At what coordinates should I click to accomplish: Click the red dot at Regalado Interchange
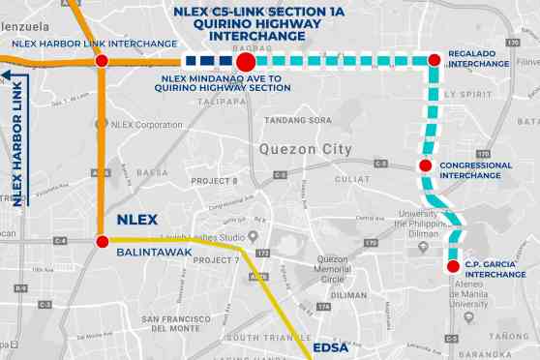pyautogui.click(x=434, y=61)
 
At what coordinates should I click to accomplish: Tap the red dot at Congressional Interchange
pyautogui.click(x=425, y=165)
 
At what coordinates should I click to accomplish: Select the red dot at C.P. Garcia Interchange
pyautogui.click(x=452, y=266)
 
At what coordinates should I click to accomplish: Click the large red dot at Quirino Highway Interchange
pyautogui.click(x=246, y=62)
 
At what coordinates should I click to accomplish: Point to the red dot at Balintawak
pyautogui.click(x=101, y=241)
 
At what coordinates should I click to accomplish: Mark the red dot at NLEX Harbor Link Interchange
pyautogui.click(x=102, y=62)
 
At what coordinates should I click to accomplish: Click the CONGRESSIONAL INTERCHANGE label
pyautogui.click(x=475, y=170)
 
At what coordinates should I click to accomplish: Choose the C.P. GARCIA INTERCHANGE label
pyautogui.click(x=494, y=269)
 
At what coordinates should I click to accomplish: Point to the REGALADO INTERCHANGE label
pyautogui.click(x=478, y=59)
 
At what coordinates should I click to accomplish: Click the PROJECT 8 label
pyautogui.click(x=214, y=181)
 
